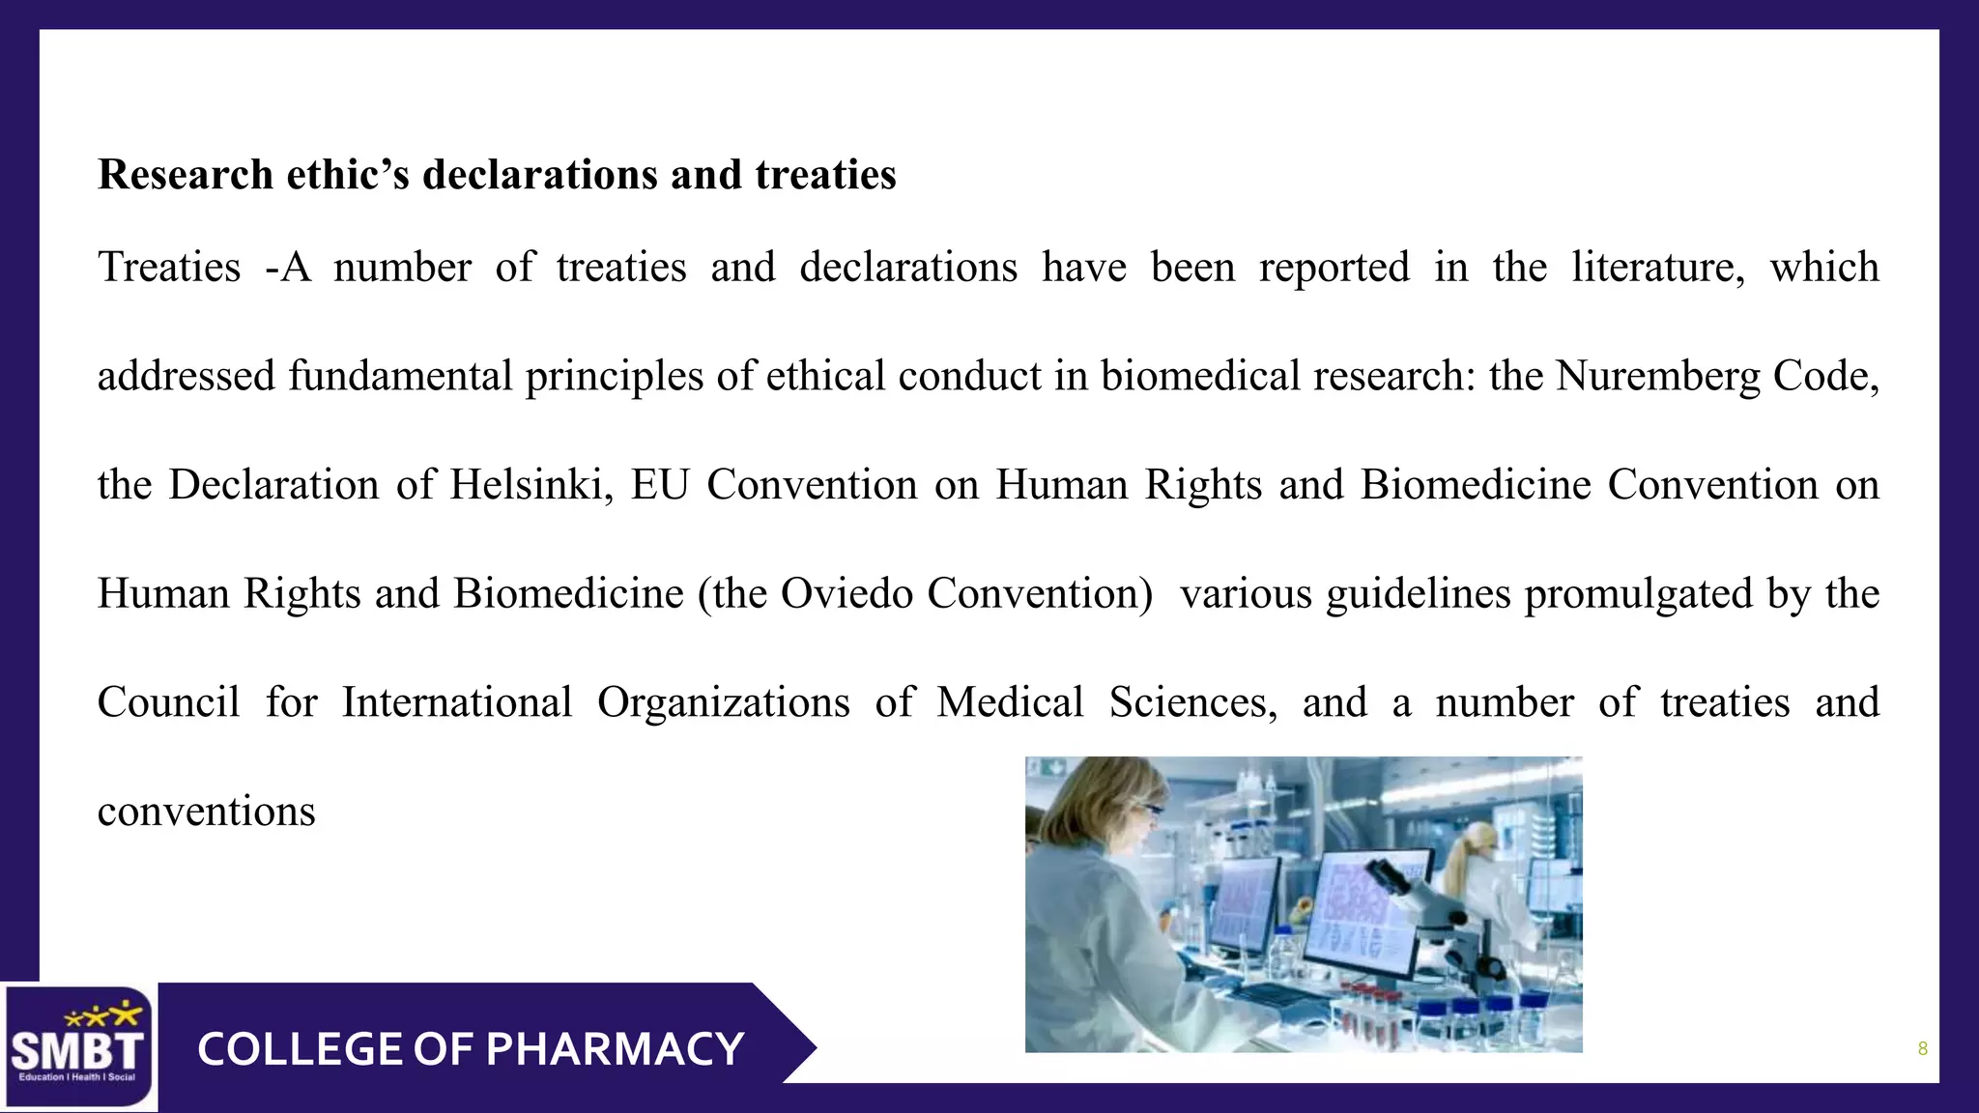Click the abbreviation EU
pos(659,484)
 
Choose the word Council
pos(168,702)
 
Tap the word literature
pos(1657,268)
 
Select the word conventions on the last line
pos(206,812)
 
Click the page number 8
pos(1922,1049)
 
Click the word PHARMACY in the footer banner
pos(615,1049)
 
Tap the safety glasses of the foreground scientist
pos(1146,810)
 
